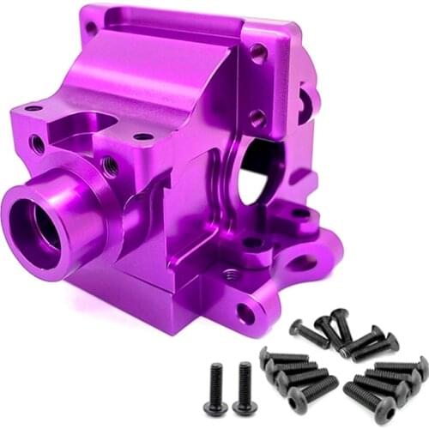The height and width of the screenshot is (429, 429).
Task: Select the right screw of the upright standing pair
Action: tap(244, 387)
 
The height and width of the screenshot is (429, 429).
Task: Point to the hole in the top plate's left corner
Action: tap(91, 27)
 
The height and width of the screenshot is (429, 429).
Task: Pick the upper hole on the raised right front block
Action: tap(257, 53)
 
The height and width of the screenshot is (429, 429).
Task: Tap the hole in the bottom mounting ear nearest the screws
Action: tap(246, 314)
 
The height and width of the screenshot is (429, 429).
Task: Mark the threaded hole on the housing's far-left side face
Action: tap(37, 144)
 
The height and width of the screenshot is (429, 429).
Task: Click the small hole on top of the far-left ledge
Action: tap(33, 109)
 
